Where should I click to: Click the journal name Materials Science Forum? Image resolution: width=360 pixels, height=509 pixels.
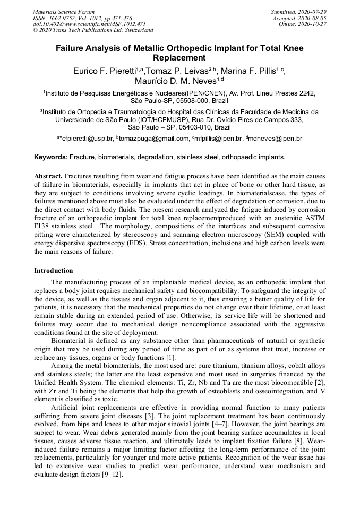tap(64, 11)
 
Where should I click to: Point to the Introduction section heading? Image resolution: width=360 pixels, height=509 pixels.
tap(53, 271)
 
